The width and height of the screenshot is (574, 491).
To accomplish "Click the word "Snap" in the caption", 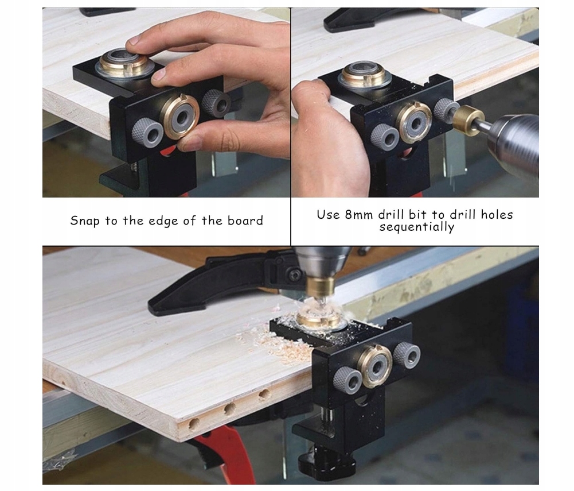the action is (84, 221).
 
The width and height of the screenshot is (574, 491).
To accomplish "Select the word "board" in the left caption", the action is (245, 220).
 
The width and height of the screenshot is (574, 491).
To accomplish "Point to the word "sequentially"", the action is (416, 227).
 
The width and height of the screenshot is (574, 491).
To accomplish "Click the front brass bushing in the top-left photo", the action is (179, 116).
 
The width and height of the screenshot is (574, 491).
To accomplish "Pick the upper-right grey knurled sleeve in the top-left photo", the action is (216, 103).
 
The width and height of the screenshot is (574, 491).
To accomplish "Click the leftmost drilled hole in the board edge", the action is (194, 424).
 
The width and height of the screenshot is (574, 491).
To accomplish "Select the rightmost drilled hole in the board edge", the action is (264, 395).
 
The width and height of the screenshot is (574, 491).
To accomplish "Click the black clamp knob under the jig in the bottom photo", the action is (327, 463).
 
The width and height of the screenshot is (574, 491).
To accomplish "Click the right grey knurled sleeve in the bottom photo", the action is (407, 354).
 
